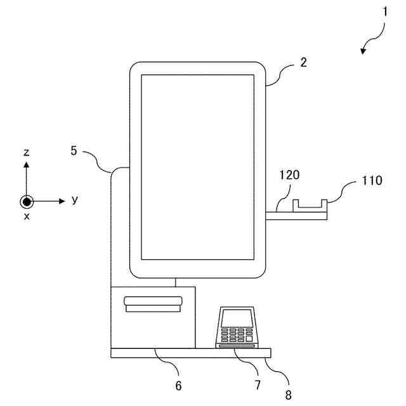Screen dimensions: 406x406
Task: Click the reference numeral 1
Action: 384,11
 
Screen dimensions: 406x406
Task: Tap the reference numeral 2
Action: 303,62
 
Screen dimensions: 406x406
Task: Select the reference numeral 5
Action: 74,151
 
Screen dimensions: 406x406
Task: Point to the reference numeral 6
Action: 178,385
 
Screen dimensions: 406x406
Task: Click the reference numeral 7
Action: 258,385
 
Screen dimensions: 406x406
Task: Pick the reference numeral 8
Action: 289,394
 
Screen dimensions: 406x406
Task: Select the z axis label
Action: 26,152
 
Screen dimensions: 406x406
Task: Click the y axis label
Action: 75,200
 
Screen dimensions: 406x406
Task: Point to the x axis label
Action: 27,216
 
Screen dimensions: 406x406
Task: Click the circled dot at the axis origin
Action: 26,201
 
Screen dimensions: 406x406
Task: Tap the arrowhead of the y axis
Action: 62,201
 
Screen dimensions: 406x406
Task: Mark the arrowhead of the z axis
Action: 26,164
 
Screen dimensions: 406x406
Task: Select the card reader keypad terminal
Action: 237,328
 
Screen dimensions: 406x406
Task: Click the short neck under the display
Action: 176,282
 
